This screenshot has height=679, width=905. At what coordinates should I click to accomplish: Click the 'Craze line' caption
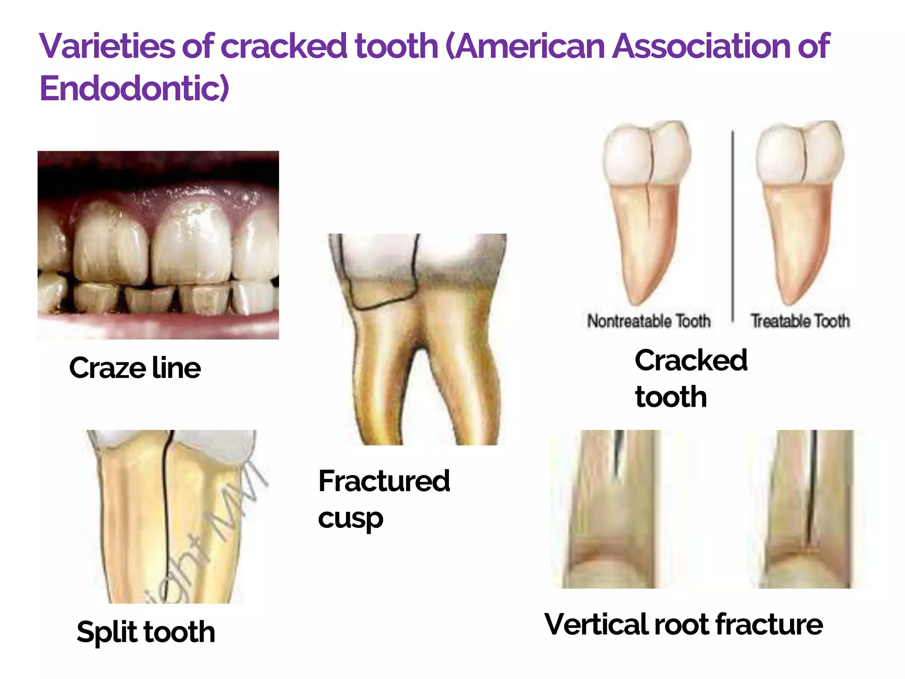coord(135,368)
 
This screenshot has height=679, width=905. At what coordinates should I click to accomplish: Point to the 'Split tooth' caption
coord(146,631)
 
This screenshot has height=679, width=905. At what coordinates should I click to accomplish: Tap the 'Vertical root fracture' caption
coord(683,624)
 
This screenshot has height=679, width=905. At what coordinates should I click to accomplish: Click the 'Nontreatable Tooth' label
coord(649,321)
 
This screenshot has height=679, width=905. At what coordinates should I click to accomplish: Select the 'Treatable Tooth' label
coord(800,321)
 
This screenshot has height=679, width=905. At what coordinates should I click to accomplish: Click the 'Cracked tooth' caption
coord(690,378)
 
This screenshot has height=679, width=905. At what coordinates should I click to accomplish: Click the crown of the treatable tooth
coord(800,153)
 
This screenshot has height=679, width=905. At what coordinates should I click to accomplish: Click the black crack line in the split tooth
coord(166,508)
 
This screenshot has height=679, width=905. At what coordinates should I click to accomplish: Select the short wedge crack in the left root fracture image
coord(618,455)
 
